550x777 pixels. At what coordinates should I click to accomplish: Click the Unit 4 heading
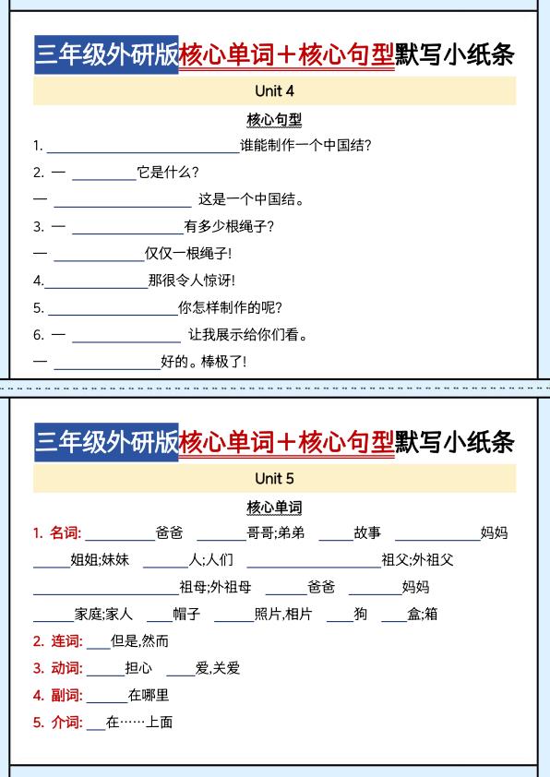point(274,91)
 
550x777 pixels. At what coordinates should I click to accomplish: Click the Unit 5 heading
point(274,478)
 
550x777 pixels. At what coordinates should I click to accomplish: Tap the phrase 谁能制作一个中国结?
point(305,145)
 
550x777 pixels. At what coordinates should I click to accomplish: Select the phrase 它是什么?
point(167,172)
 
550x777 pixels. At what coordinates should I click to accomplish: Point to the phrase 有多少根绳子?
point(229,226)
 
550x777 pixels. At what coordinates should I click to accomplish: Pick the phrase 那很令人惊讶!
point(191,281)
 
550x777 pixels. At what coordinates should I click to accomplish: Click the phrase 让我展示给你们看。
point(247,335)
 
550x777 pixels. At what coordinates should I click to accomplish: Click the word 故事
point(367,532)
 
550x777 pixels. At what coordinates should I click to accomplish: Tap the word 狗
point(360,614)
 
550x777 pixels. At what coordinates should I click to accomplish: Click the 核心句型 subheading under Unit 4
point(274,119)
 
